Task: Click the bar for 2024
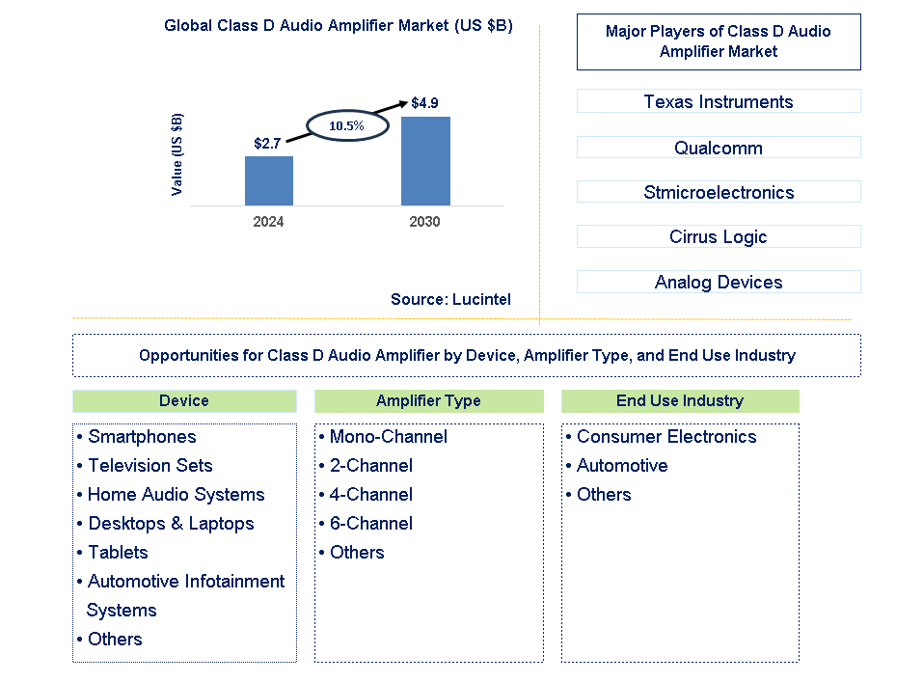point(268,180)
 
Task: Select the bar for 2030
point(425,160)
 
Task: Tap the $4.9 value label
point(425,102)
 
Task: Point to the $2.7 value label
point(267,143)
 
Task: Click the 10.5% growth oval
point(347,125)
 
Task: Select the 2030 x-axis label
point(424,222)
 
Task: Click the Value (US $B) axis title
point(176,154)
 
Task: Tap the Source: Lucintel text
point(450,300)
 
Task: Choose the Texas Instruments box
point(719,101)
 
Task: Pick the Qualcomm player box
point(719,148)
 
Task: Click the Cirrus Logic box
point(719,236)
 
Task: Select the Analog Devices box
point(719,282)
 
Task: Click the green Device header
point(184,400)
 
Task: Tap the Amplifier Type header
point(428,400)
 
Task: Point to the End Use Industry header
point(680,400)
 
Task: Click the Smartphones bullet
point(142,437)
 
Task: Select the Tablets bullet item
point(118,553)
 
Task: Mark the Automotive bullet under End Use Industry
point(622,466)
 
